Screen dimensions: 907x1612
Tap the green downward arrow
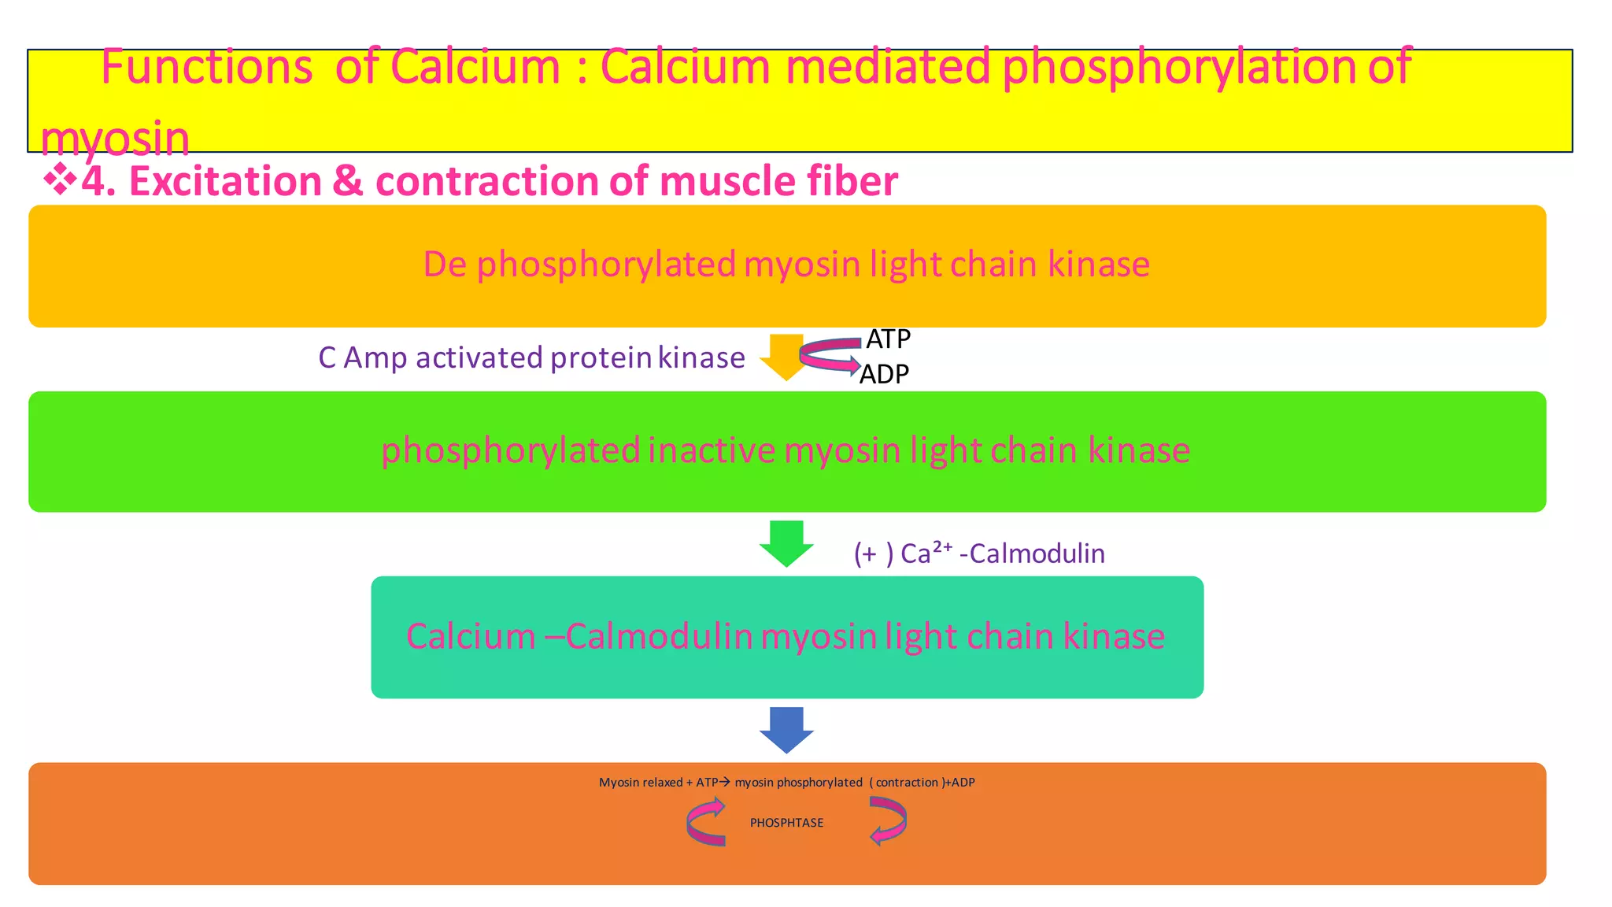pyautogui.click(x=786, y=542)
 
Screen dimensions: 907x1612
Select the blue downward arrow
pyautogui.click(x=786, y=729)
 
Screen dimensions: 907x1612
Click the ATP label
pyautogui.click(x=888, y=339)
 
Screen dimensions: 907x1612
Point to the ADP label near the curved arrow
pyautogui.click(x=884, y=374)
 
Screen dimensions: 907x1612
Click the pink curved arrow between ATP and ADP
pyautogui.click(x=830, y=355)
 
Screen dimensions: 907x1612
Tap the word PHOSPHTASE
pyautogui.click(x=786, y=823)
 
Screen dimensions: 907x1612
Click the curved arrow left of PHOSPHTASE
pyautogui.click(x=705, y=822)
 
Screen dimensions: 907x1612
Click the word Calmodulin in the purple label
pyautogui.click(x=1037, y=553)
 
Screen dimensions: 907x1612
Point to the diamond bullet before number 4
pyautogui.click(x=59, y=180)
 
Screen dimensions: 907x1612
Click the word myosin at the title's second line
pyautogui.click(x=115, y=139)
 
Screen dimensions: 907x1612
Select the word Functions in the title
pyautogui.click(x=207, y=67)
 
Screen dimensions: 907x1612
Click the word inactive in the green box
pyautogui.click(x=712, y=451)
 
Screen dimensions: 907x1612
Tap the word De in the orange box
pyautogui.click(x=445, y=265)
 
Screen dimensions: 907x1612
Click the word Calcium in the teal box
pyautogui.click(x=471, y=636)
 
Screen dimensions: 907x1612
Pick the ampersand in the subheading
pyautogui.click(x=348, y=181)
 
